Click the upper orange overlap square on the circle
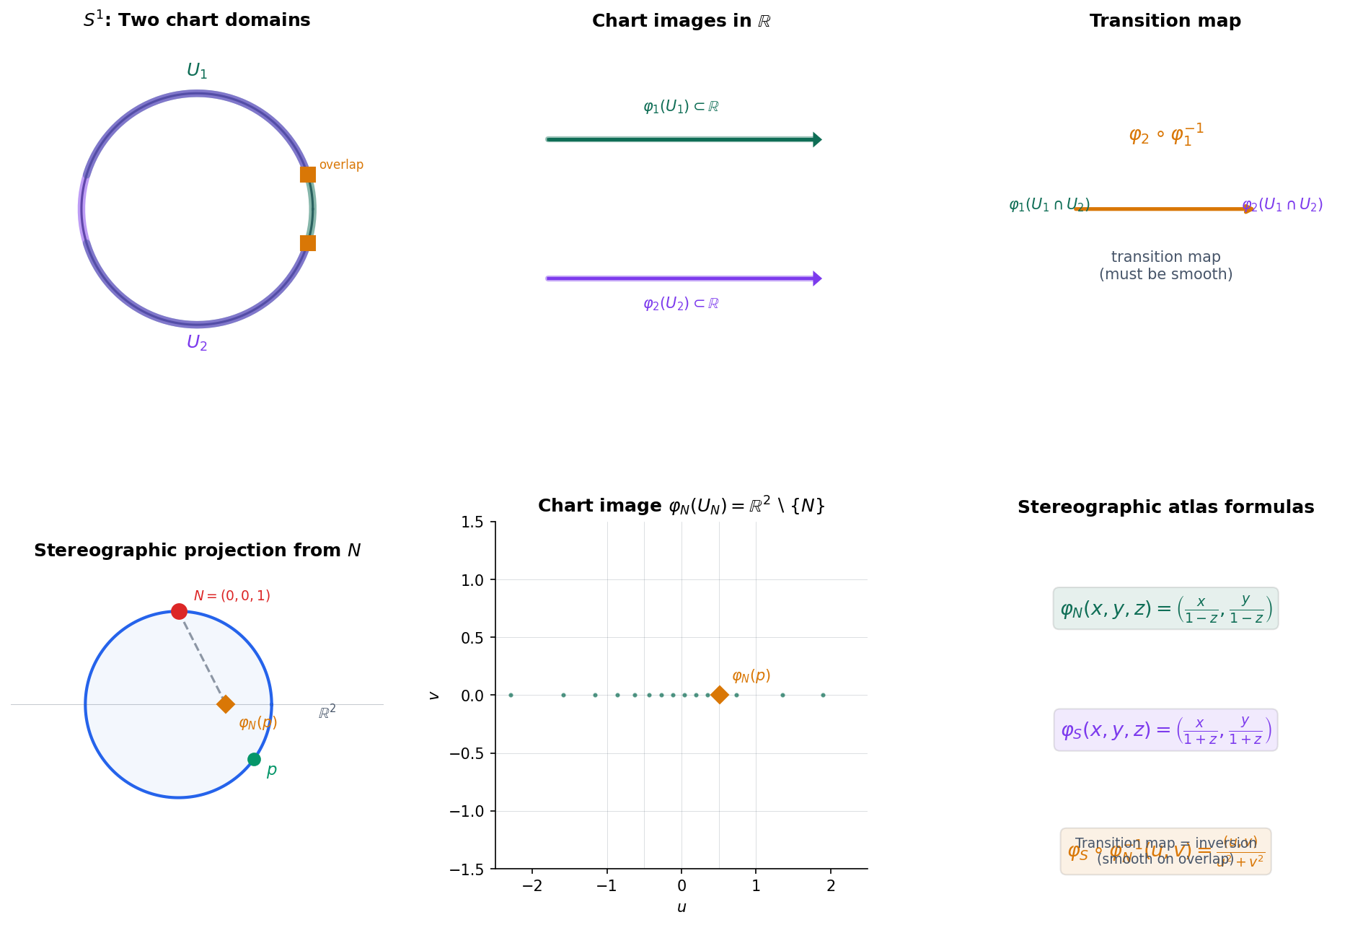(308, 175)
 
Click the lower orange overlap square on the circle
(308, 243)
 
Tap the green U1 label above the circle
(197, 71)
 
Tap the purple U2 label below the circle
(197, 343)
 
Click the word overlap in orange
(341, 165)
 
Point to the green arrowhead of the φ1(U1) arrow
(817, 139)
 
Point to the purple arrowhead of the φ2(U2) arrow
(817, 279)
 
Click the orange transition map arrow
(1165, 209)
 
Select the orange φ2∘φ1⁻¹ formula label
(1166, 135)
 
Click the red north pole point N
(179, 612)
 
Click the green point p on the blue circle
(254, 759)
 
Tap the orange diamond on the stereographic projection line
(226, 704)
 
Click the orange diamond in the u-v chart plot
(719, 695)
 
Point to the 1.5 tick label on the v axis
(473, 522)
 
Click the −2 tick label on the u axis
(532, 886)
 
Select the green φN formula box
(1165, 608)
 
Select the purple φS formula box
(1165, 729)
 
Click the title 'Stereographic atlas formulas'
(1165, 507)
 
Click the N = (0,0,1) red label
(231, 596)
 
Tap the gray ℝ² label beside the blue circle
(327, 713)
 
